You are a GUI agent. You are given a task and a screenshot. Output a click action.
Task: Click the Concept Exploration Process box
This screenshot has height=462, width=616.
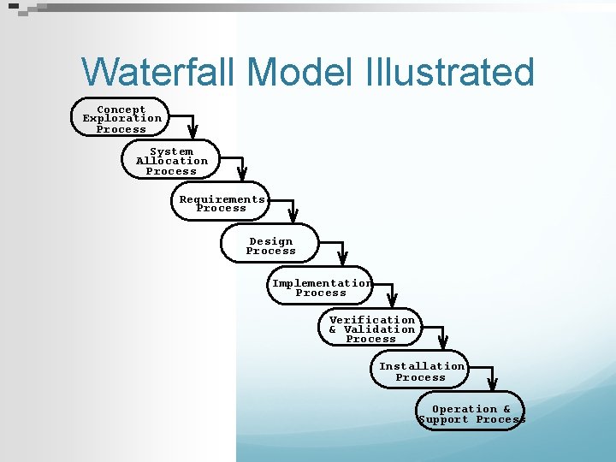(x=120, y=119)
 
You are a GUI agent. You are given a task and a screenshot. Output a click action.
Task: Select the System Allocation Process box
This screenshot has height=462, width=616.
(x=171, y=161)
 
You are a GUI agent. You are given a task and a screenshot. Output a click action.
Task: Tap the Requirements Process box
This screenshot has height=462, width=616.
(x=221, y=204)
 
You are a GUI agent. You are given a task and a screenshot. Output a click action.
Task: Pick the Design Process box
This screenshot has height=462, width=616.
(x=270, y=246)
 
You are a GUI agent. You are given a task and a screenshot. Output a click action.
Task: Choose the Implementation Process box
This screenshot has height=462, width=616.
(x=321, y=287)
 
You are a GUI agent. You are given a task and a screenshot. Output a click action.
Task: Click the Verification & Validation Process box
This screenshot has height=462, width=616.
(x=371, y=329)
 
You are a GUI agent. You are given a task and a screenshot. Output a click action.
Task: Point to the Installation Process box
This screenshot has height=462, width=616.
(x=421, y=371)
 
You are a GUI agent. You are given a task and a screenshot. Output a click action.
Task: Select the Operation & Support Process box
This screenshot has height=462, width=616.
(x=471, y=413)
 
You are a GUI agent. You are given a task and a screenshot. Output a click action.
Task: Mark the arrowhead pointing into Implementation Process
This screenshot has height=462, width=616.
(x=342, y=257)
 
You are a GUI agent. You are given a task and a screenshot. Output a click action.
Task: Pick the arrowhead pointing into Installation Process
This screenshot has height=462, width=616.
(x=443, y=341)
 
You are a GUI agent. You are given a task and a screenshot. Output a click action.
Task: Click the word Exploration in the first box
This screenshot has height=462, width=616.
(x=121, y=119)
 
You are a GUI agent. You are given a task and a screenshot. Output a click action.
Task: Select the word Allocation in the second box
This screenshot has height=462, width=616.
(x=172, y=161)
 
